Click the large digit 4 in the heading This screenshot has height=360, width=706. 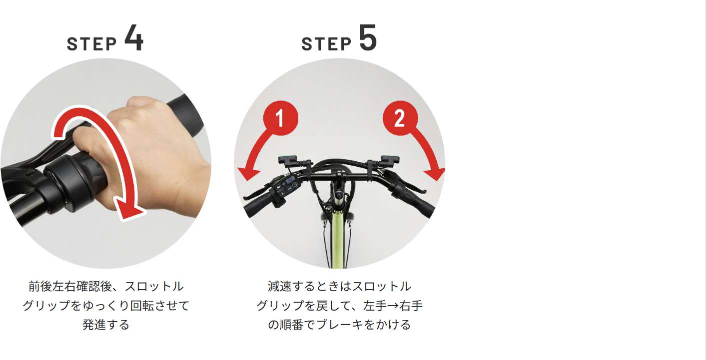[134, 37]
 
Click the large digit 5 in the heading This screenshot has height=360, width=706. [368, 37]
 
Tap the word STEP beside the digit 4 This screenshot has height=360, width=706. [91, 44]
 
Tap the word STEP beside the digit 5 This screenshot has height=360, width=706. [326, 44]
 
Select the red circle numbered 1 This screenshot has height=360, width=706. [280, 118]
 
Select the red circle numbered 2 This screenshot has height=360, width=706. [400, 118]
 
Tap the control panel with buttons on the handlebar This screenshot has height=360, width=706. [286, 186]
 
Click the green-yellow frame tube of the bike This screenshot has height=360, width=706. [338, 239]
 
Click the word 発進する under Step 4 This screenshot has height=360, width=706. [106, 325]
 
